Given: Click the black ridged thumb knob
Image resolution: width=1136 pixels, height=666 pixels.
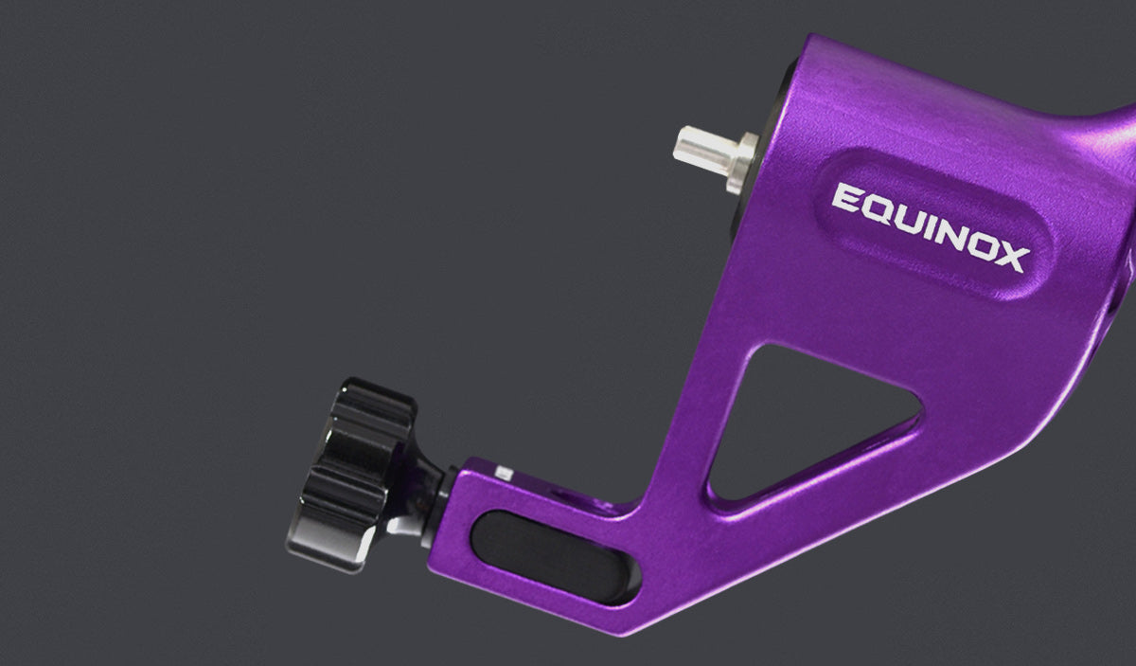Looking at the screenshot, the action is click(x=350, y=475).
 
